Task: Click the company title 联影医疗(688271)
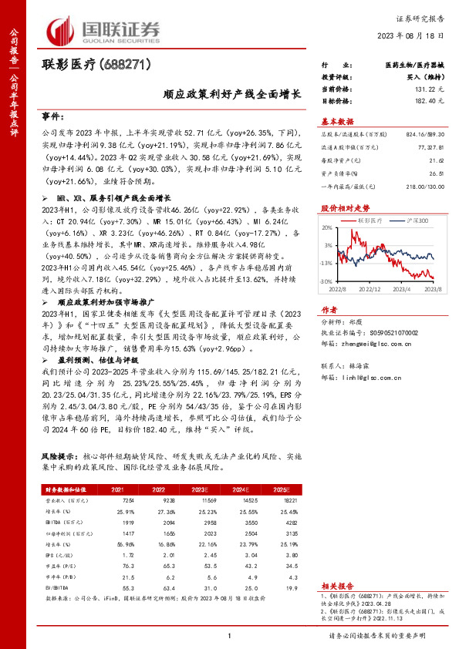tap(96, 67)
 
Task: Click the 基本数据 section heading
tap(336, 122)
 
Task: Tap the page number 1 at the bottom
tap(230, 635)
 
